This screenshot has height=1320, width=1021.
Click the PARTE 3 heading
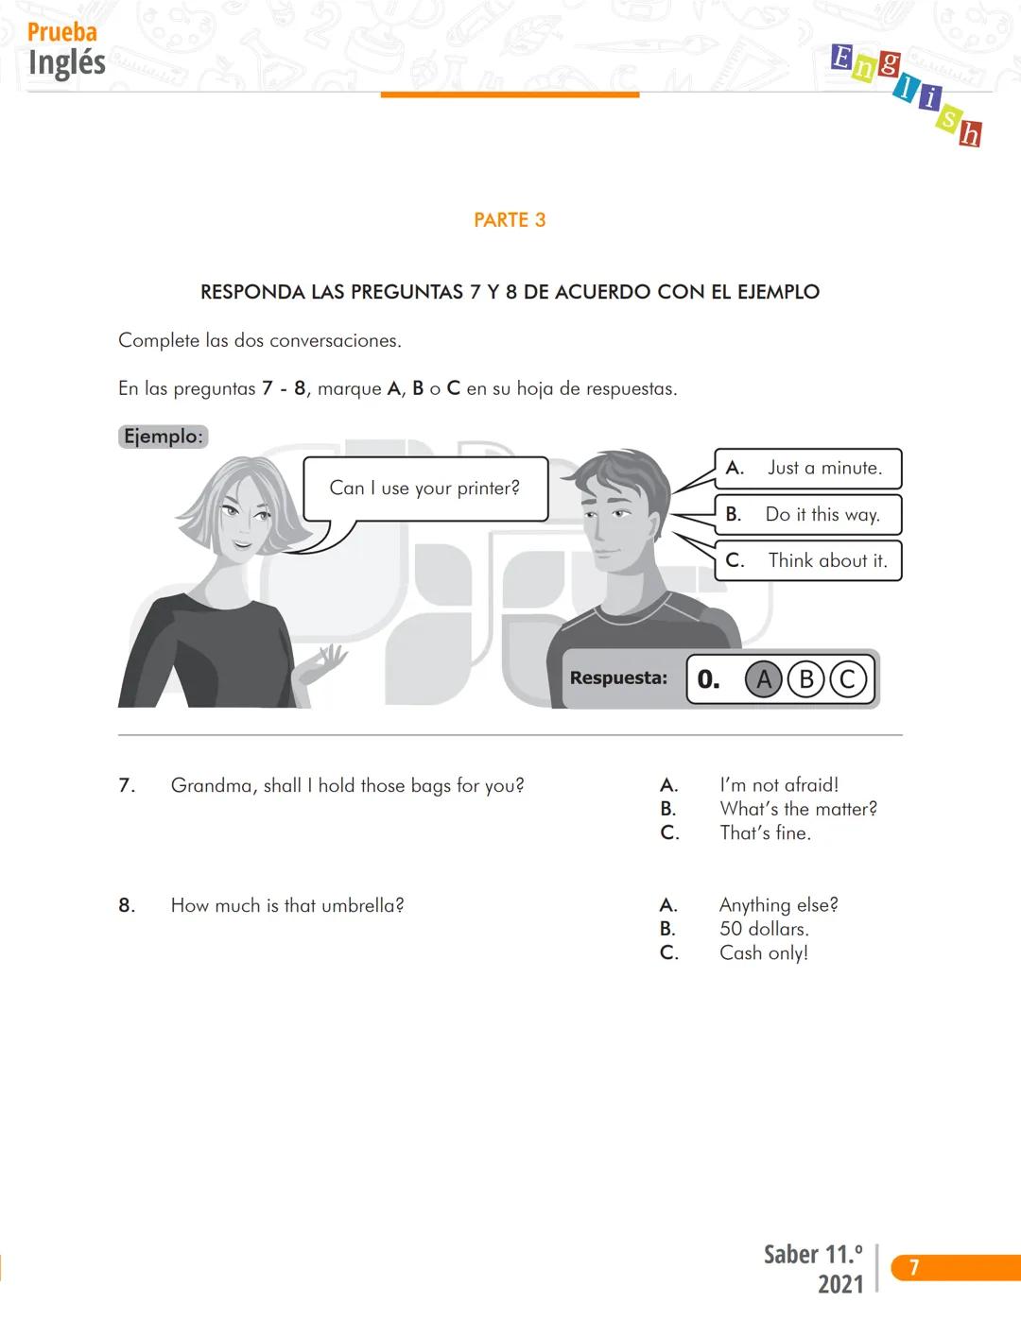[x=510, y=220]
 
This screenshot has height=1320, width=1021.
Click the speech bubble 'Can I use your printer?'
[x=424, y=489]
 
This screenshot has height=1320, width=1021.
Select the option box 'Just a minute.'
[x=808, y=469]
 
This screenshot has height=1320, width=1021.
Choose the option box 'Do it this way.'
[x=808, y=515]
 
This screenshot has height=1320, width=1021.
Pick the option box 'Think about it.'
[x=808, y=561]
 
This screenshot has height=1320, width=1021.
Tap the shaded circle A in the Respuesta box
[x=764, y=679]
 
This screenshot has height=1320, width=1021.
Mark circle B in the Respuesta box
[x=806, y=679]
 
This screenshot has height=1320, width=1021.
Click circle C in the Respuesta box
[x=847, y=679]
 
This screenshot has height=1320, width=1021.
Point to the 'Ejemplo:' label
[x=164, y=437]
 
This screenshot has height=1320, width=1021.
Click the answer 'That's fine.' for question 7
[x=765, y=833]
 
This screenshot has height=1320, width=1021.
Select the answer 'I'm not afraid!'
[x=779, y=785]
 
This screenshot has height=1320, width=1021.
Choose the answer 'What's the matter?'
[x=798, y=809]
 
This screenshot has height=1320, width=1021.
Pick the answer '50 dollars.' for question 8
[x=764, y=929]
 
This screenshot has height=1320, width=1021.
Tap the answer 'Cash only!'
[x=764, y=953]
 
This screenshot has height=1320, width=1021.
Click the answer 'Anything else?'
[x=778, y=905]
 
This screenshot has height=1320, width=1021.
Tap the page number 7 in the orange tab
[x=913, y=1268]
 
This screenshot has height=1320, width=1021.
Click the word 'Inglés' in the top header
[x=67, y=63]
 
